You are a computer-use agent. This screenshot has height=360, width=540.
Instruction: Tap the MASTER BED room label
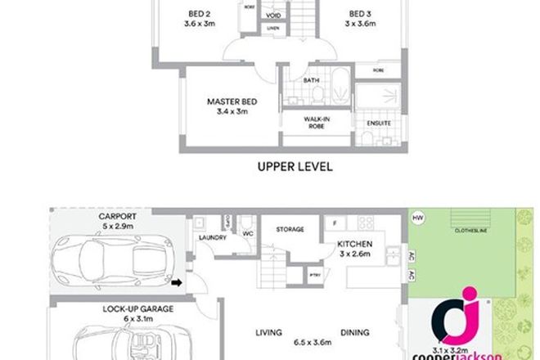(232, 101)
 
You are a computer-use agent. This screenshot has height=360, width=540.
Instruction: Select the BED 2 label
(198, 13)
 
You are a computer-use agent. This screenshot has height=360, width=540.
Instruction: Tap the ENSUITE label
(379, 124)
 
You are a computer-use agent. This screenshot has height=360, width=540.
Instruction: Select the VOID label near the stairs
(275, 16)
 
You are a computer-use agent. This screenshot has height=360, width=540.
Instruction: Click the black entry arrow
(176, 284)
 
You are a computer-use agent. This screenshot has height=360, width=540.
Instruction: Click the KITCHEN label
(356, 245)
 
